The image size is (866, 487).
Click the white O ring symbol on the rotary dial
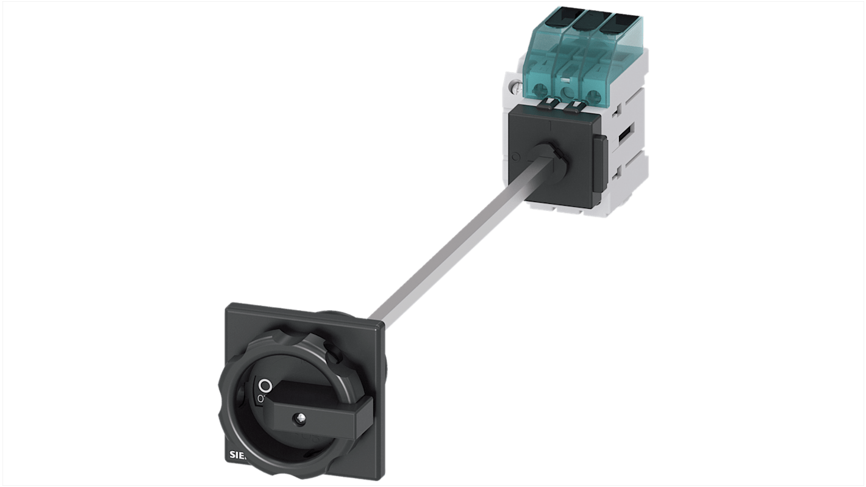(265, 386)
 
